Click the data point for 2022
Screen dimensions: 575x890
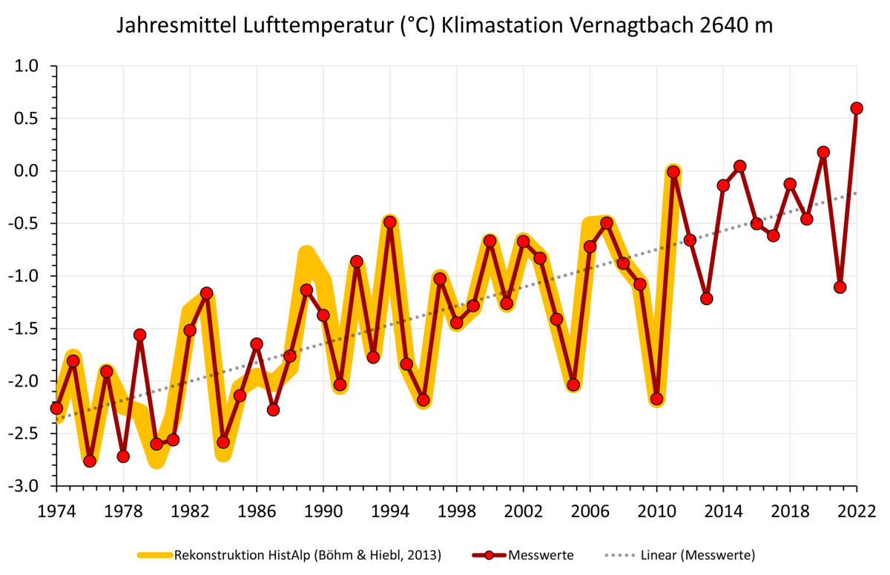point(857,108)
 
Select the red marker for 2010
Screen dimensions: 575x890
point(656,399)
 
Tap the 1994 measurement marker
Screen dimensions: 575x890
point(390,222)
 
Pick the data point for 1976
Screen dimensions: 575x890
point(90,461)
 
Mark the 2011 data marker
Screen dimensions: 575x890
point(673,171)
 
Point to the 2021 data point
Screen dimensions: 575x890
point(840,287)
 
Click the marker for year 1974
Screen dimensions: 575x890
point(56,408)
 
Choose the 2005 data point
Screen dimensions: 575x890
point(573,384)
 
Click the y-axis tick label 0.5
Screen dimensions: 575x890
point(30,119)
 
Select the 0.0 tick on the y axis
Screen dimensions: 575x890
point(30,171)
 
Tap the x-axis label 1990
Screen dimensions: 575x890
point(323,512)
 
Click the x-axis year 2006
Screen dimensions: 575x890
point(590,512)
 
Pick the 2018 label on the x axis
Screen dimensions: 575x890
point(790,512)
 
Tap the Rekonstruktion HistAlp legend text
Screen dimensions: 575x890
point(307,555)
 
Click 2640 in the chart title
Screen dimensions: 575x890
point(724,26)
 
